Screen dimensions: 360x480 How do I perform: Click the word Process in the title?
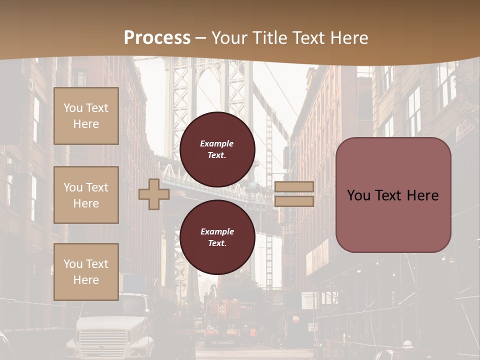(x=157, y=37)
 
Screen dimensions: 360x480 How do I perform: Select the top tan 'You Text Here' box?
(x=86, y=116)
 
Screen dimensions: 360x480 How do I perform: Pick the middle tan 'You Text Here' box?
(x=86, y=195)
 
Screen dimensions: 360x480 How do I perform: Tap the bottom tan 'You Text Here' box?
(x=86, y=272)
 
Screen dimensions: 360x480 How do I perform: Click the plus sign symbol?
(x=154, y=194)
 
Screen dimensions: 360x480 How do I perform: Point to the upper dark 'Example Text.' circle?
(x=217, y=149)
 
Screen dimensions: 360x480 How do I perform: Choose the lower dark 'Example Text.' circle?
(x=217, y=237)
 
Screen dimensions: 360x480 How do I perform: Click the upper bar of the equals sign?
(x=294, y=186)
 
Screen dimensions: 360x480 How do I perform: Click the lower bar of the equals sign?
(x=294, y=201)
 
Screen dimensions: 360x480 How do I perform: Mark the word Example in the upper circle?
(x=217, y=143)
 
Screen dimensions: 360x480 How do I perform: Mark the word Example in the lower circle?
(x=217, y=231)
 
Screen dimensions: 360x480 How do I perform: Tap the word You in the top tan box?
(x=72, y=108)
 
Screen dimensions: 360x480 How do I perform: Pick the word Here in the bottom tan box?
(x=86, y=280)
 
